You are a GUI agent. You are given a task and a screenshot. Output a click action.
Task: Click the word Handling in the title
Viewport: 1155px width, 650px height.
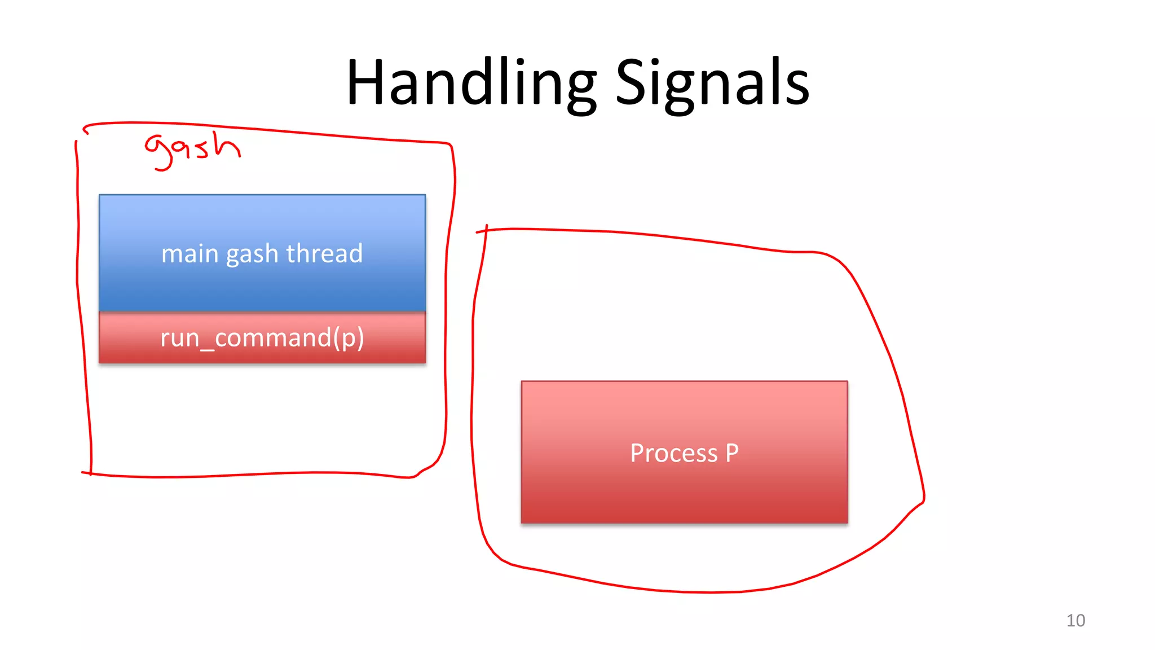coord(471,83)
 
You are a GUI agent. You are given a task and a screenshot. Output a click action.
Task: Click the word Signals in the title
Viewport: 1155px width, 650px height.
coord(712,83)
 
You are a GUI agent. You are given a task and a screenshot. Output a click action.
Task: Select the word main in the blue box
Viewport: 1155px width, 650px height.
coord(189,254)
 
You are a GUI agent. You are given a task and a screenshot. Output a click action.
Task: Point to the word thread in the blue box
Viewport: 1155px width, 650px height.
coord(324,253)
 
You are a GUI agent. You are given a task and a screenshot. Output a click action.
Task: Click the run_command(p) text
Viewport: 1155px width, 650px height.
coord(262,338)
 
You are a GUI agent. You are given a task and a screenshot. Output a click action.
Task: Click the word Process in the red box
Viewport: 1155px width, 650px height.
coord(673,453)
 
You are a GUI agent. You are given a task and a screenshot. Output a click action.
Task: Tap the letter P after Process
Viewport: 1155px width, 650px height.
coord(732,453)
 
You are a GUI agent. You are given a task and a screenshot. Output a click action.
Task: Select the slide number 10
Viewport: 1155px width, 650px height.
coord(1075,621)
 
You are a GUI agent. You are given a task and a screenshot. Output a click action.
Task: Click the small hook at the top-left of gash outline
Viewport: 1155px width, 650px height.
coord(85,130)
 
